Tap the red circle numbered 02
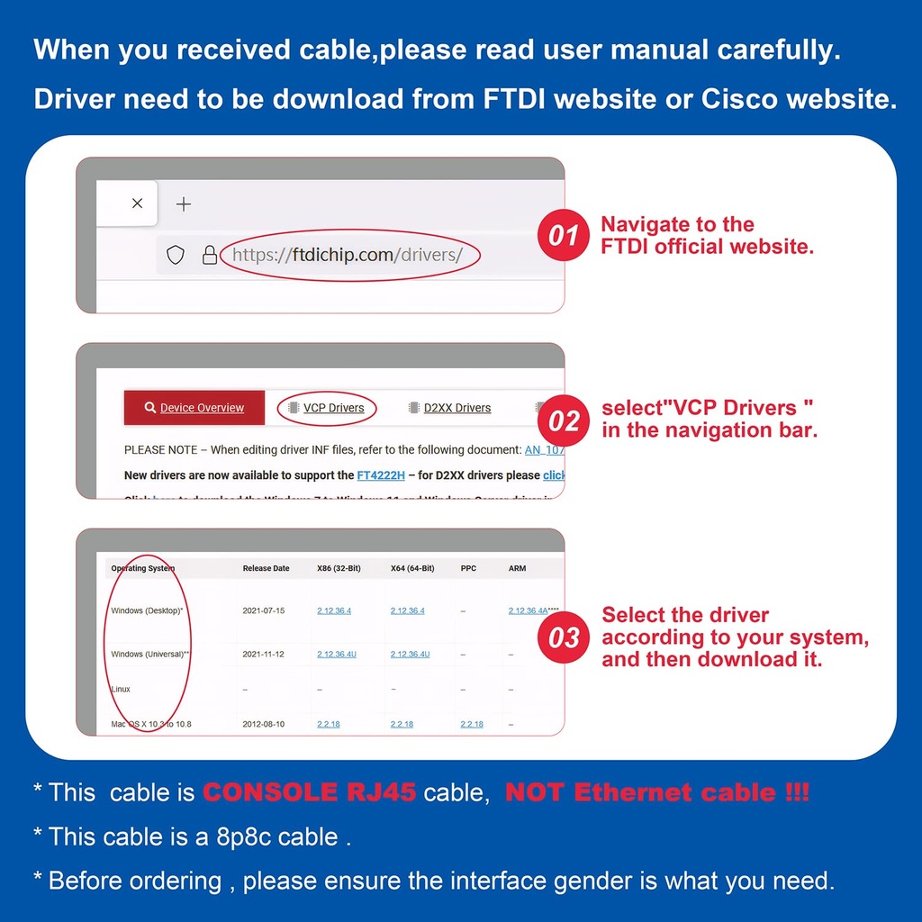coord(564,420)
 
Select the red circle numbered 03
coord(564,637)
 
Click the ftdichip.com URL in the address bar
coord(348,255)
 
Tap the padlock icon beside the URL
coord(210,256)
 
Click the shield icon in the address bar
coord(176,256)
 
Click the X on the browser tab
coord(137,203)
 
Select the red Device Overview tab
coord(194,408)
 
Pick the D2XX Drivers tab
coord(450,408)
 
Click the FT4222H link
coord(381,475)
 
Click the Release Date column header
coord(267,568)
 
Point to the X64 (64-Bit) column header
coord(412,568)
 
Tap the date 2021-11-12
coord(263,655)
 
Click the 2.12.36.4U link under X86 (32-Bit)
coord(337,655)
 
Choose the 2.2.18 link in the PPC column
coord(472,724)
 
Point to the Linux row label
coord(121,690)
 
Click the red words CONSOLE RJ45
coord(309,792)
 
